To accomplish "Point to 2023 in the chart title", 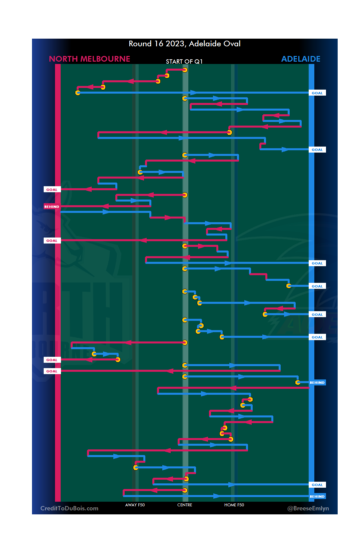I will tap(175, 44).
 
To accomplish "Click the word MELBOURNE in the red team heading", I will tap(105, 59).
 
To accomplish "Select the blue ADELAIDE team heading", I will tap(301, 59).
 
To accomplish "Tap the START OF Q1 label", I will tap(184, 62).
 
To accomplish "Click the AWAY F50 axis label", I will tap(135, 505).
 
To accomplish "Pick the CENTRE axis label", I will tap(185, 505).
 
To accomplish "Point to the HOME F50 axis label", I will tap(234, 505).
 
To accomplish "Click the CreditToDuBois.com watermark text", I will tap(69, 508).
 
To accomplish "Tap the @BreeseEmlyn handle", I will tap(308, 508).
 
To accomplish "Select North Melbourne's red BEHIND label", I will tap(52, 207).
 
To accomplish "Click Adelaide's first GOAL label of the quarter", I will tap(317, 93).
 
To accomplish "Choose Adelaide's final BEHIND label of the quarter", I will tap(317, 496).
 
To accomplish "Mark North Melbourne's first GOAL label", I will tap(52, 190).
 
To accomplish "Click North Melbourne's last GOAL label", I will tap(52, 371).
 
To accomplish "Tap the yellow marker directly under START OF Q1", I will tap(185, 70).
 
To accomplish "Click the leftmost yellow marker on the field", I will tap(78, 93).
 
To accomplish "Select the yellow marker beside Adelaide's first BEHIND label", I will tap(298, 382).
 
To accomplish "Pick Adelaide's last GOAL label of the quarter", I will tap(317, 485).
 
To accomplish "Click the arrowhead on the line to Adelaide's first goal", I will tap(193, 93).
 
